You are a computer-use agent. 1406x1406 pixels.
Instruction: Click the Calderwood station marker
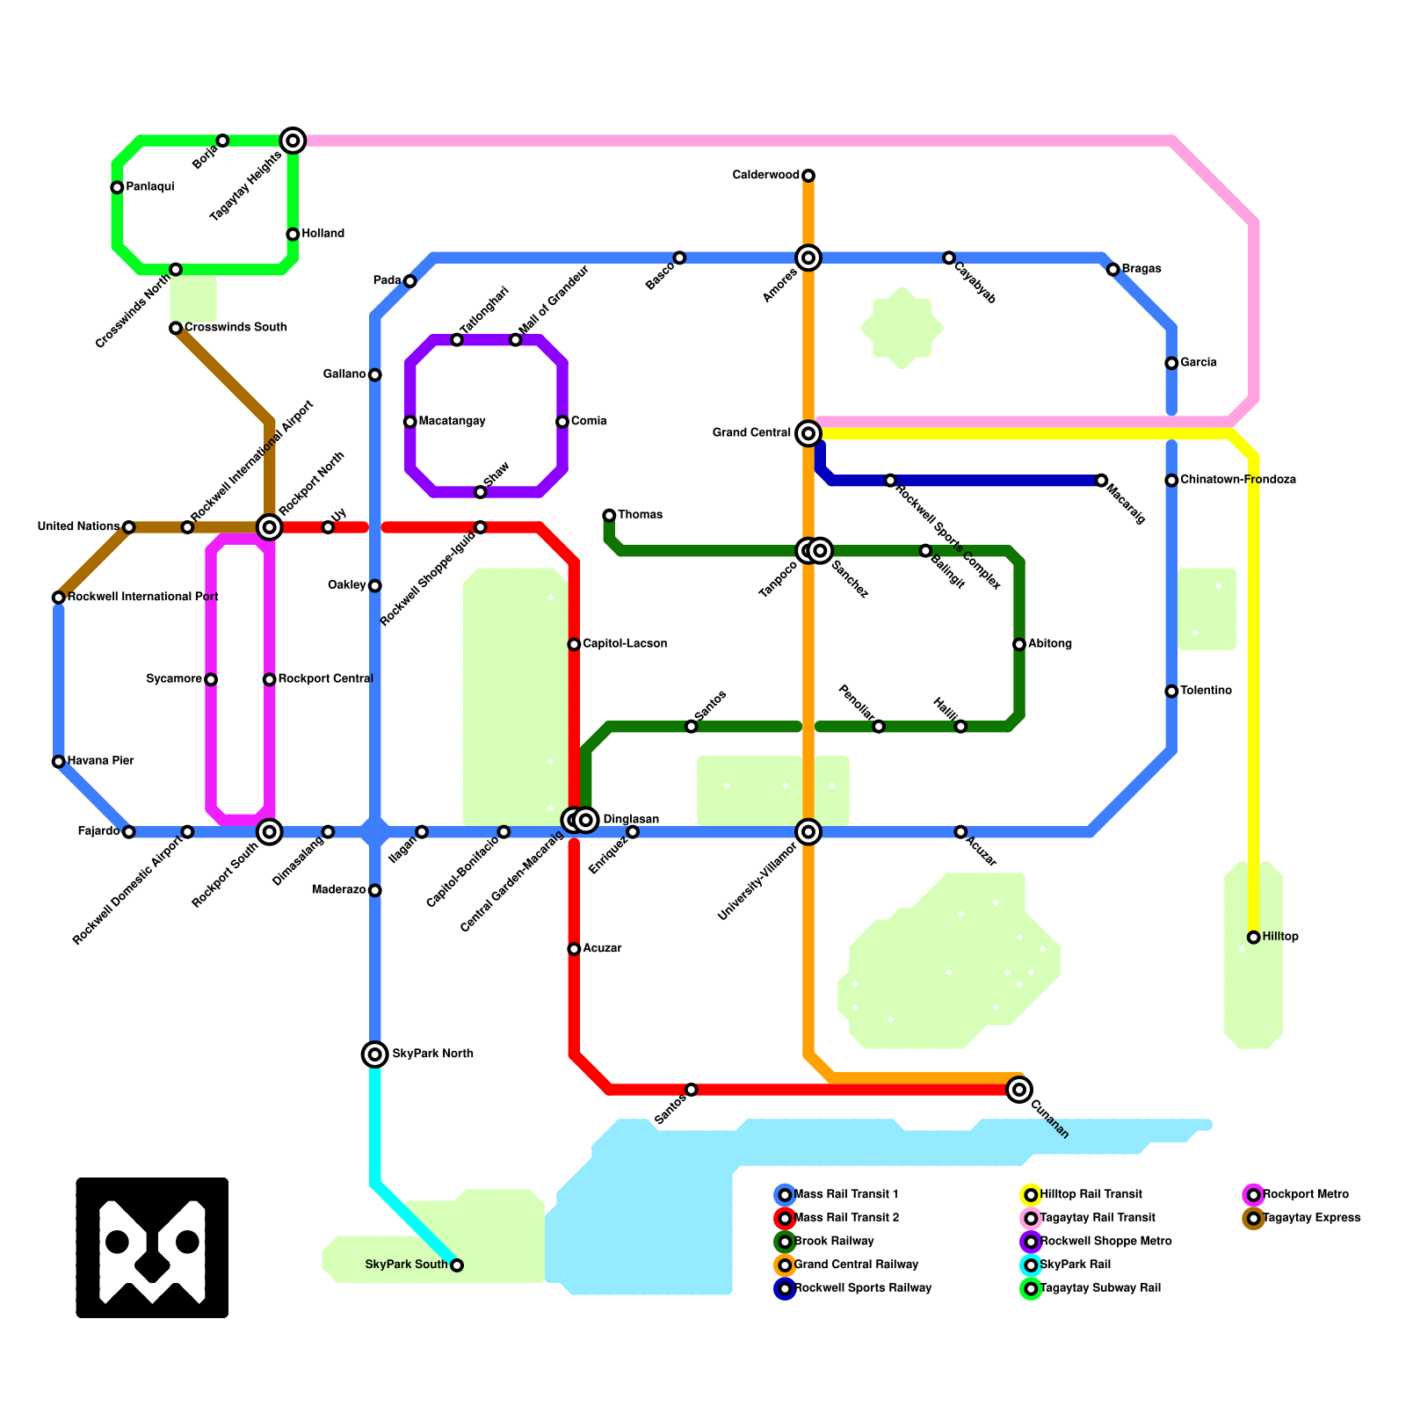tap(808, 176)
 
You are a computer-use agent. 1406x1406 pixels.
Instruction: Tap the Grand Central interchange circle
tap(808, 433)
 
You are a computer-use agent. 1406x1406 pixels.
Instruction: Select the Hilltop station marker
tap(1254, 938)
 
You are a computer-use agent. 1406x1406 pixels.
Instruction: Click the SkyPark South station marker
tap(457, 1265)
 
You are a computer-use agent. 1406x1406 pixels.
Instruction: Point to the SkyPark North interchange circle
tap(375, 1054)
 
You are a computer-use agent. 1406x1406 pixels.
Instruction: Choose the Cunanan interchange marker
tap(1019, 1090)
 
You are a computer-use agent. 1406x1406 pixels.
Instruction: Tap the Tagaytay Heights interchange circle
tap(293, 141)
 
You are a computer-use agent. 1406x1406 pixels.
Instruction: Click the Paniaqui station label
tap(150, 187)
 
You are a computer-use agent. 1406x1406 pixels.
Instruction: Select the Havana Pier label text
tap(101, 761)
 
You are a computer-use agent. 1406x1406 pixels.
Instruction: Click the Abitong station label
tap(1050, 644)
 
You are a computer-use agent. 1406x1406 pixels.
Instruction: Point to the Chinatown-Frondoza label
tap(1238, 480)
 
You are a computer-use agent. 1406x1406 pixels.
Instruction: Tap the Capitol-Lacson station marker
tap(574, 644)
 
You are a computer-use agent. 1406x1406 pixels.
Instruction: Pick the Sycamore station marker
tap(211, 679)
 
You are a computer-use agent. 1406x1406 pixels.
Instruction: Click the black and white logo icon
tap(152, 1248)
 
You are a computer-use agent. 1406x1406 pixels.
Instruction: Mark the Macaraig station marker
tap(1101, 481)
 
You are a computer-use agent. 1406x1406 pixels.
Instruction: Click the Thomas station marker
tap(609, 515)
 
